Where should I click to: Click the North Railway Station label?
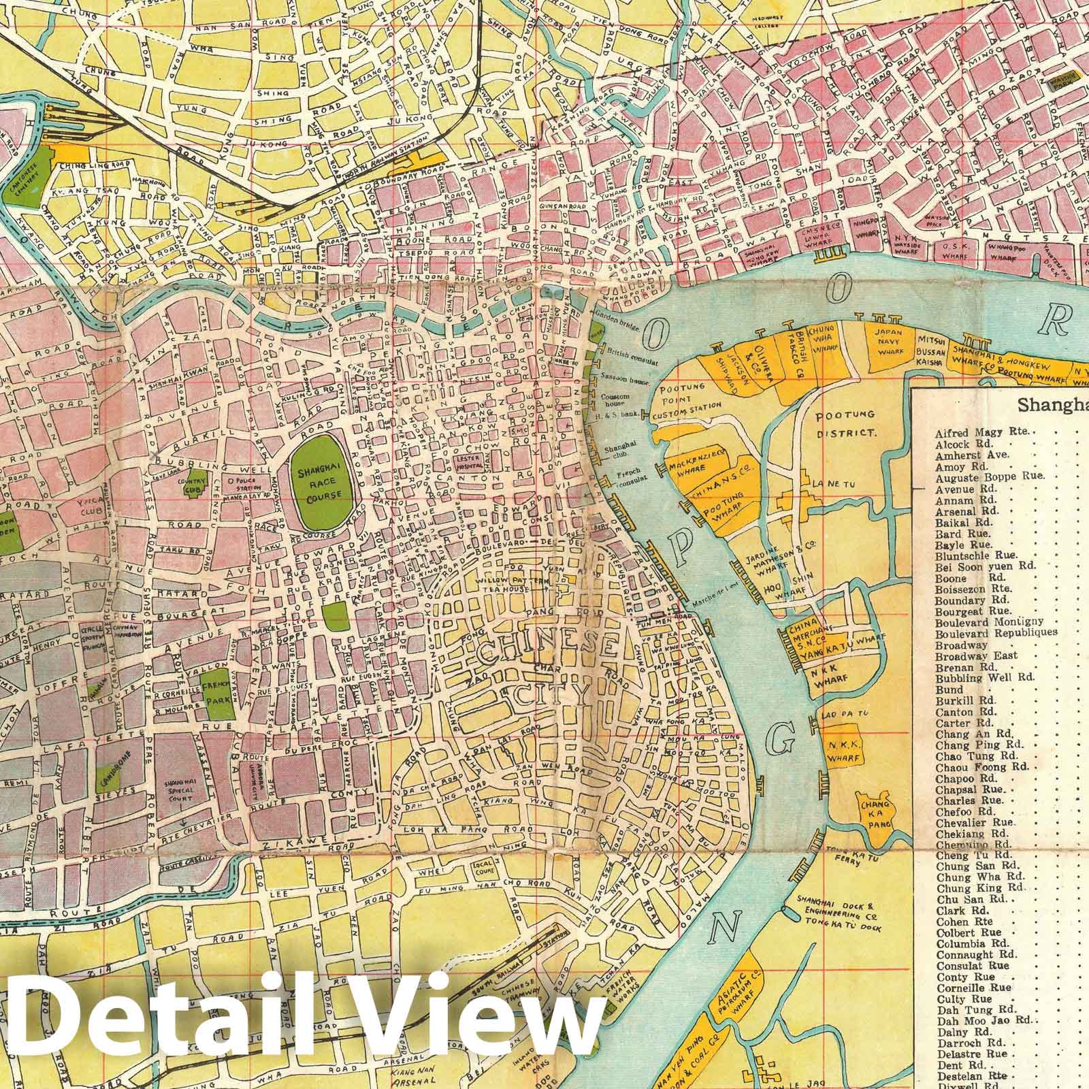point(404,165)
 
